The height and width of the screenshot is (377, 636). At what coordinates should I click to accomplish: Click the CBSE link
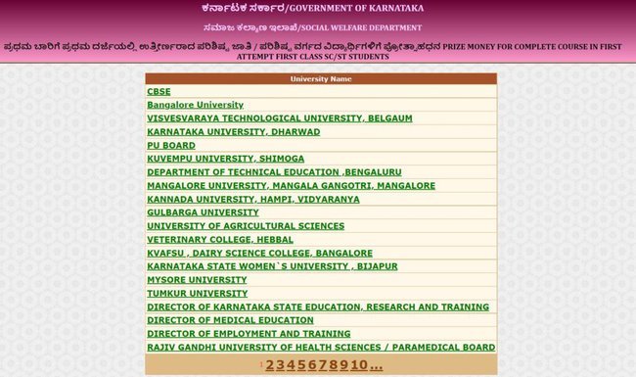pos(159,91)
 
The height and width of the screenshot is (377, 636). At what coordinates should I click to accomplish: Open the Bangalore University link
pos(195,105)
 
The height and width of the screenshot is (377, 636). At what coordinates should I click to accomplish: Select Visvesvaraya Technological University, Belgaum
pos(279,118)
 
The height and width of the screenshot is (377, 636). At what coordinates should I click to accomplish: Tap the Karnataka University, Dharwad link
pos(233,131)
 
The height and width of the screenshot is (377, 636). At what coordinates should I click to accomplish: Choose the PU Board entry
pos(171,145)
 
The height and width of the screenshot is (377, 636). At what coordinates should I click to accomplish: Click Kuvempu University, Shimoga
pos(225,159)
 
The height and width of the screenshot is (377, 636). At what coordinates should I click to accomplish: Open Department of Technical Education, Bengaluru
pos(260,171)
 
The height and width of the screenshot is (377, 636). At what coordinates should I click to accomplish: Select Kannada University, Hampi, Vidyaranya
pos(252,199)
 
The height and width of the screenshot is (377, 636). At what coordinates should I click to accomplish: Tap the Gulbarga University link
pos(203,212)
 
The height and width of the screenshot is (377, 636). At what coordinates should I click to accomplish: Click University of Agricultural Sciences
pos(246,226)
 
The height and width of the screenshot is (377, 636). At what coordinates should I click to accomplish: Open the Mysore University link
pos(197,280)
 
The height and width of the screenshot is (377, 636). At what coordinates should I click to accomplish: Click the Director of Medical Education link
pos(230,320)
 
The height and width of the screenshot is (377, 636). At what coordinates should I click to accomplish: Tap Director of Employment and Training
pos(249,334)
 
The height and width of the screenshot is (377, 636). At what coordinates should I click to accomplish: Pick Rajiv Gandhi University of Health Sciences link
pos(321,348)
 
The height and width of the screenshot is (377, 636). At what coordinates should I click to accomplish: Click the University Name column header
pos(320,77)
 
